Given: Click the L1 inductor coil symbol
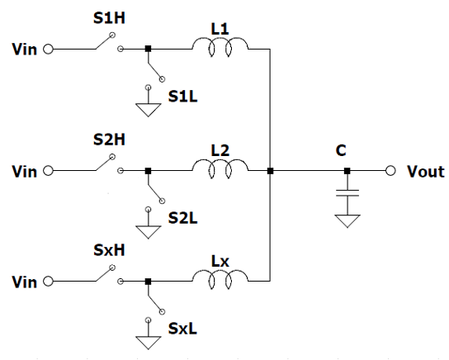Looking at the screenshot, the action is pos(220,41).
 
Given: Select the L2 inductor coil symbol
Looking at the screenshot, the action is pos(220,163).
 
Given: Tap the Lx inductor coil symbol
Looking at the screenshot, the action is pos(220,274).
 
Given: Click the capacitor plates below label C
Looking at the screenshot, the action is pos(347,192).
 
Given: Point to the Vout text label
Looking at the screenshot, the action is pos(426,172).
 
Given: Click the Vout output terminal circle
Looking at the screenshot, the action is pos(390,171).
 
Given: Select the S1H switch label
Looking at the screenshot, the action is pos(109,18).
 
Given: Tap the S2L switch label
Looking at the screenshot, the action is pos(182,218).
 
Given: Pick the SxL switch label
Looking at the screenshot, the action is pos(182,329).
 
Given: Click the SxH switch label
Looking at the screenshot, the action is pos(109,250).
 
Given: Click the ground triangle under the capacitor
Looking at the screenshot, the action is pos(347,221).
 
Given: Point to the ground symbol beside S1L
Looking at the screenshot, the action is pos(148,110).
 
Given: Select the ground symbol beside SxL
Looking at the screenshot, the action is pos(148,343).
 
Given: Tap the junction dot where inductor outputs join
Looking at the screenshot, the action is pos(270,171).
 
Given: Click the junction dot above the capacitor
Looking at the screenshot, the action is pos(347,171).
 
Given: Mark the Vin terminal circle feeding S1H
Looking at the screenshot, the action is pos(48,50).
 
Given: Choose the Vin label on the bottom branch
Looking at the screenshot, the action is pos(24,282).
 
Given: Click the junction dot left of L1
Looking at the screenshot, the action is pos(148,49).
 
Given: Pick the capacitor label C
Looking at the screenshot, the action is pos(341,150).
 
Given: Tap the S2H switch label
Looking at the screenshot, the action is pos(109,140).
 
